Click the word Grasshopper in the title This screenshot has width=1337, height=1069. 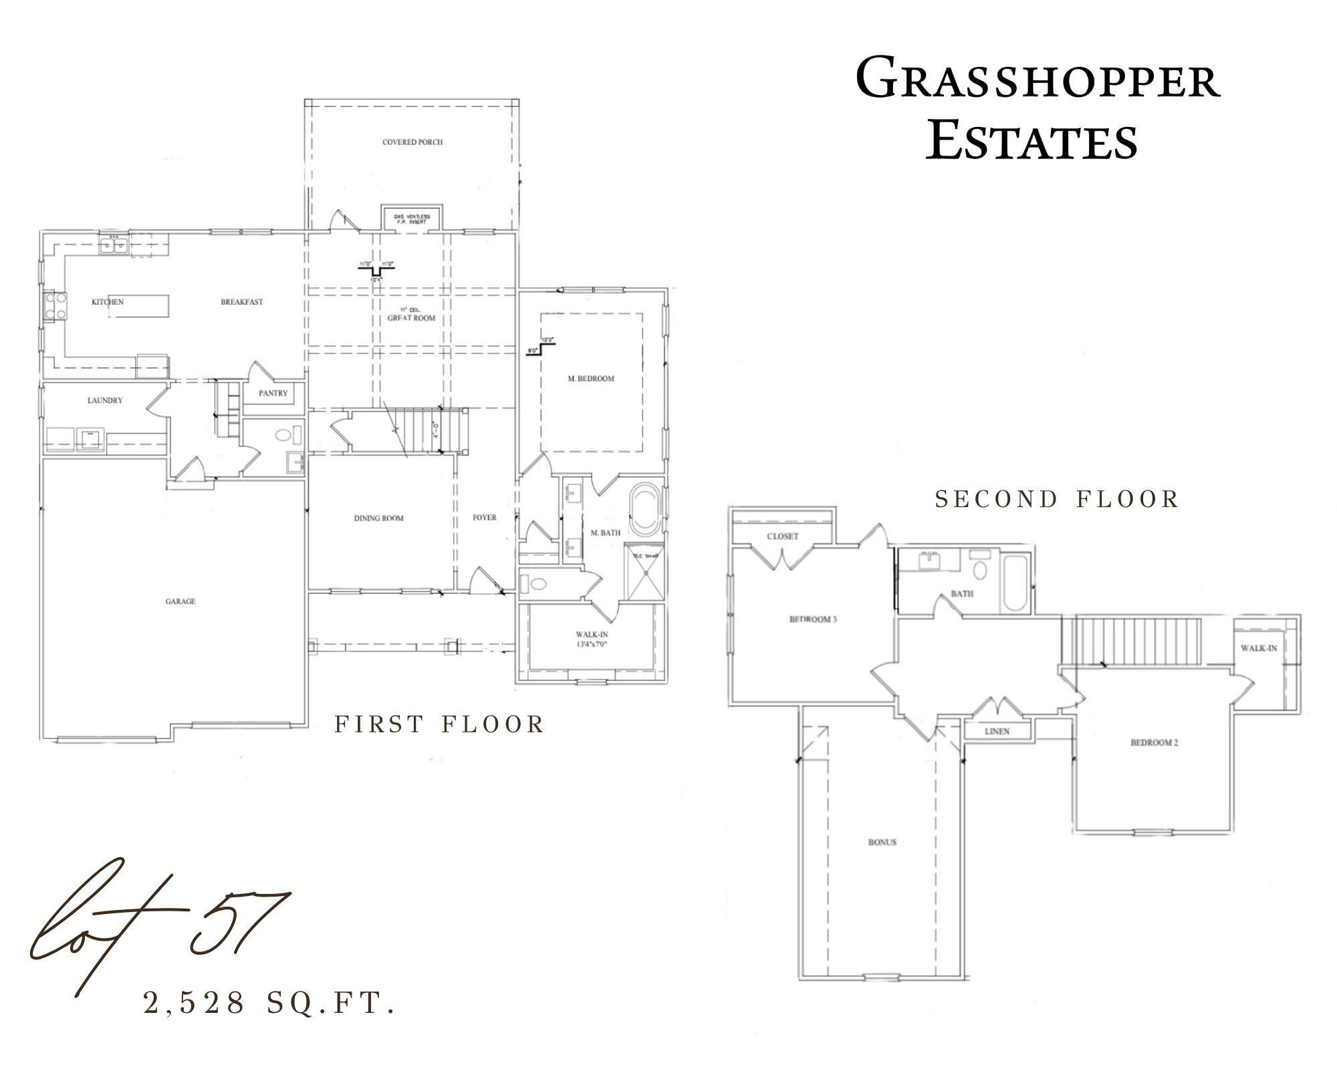(x=1038, y=80)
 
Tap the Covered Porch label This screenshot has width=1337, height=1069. (x=412, y=142)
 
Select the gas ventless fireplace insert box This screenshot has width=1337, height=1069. (x=412, y=218)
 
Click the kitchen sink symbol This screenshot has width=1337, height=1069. (x=114, y=247)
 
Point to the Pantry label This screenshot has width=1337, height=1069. (x=273, y=394)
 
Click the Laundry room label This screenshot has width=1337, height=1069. (x=105, y=401)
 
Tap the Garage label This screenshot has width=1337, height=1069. (x=180, y=601)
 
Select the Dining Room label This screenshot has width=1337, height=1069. (x=378, y=518)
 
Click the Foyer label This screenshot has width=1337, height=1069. (x=484, y=518)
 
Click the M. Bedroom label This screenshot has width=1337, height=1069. (x=591, y=379)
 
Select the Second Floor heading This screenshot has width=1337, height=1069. (x=1057, y=499)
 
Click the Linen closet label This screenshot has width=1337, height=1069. (x=997, y=732)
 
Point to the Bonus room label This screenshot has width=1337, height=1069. (x=882, y=843)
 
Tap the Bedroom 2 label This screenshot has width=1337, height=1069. (x=1154, y=742)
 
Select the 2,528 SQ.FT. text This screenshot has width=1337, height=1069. (x=269, y=1003)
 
